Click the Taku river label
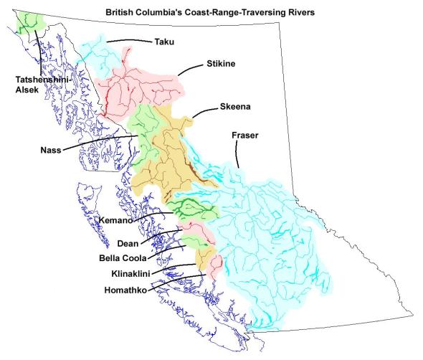point(164,42)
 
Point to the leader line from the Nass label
point(100,141)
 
